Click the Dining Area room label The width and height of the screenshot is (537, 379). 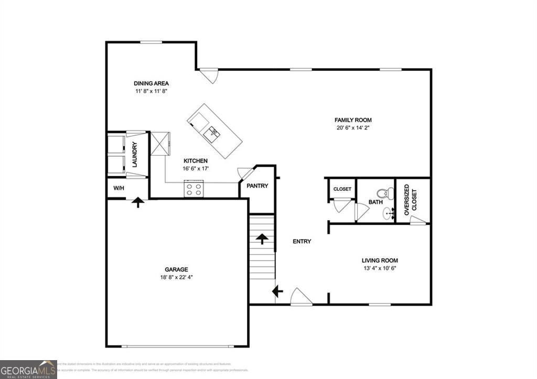click(151, 83)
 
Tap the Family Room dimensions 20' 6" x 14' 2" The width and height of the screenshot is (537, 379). click(357, 127)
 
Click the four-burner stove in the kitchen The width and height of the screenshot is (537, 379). click(194, 189)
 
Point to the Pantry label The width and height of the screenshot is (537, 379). click(257, 186)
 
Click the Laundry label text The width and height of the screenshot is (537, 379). click(135, 155)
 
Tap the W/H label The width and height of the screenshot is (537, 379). click(119, 188)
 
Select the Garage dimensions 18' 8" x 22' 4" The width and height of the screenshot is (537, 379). click(177, 277)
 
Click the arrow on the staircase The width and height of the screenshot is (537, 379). click(262, 239)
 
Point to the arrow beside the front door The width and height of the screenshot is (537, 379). click(277, 291)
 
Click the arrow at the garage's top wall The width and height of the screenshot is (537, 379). click(137, 202)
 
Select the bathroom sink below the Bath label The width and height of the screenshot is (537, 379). click(388, 214)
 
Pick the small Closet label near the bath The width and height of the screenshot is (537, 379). click(342, 189)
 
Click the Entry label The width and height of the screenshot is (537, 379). click(302, 242)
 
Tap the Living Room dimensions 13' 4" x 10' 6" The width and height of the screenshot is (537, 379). click(380, 268)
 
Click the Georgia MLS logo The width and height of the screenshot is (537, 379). click(28, 369)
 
